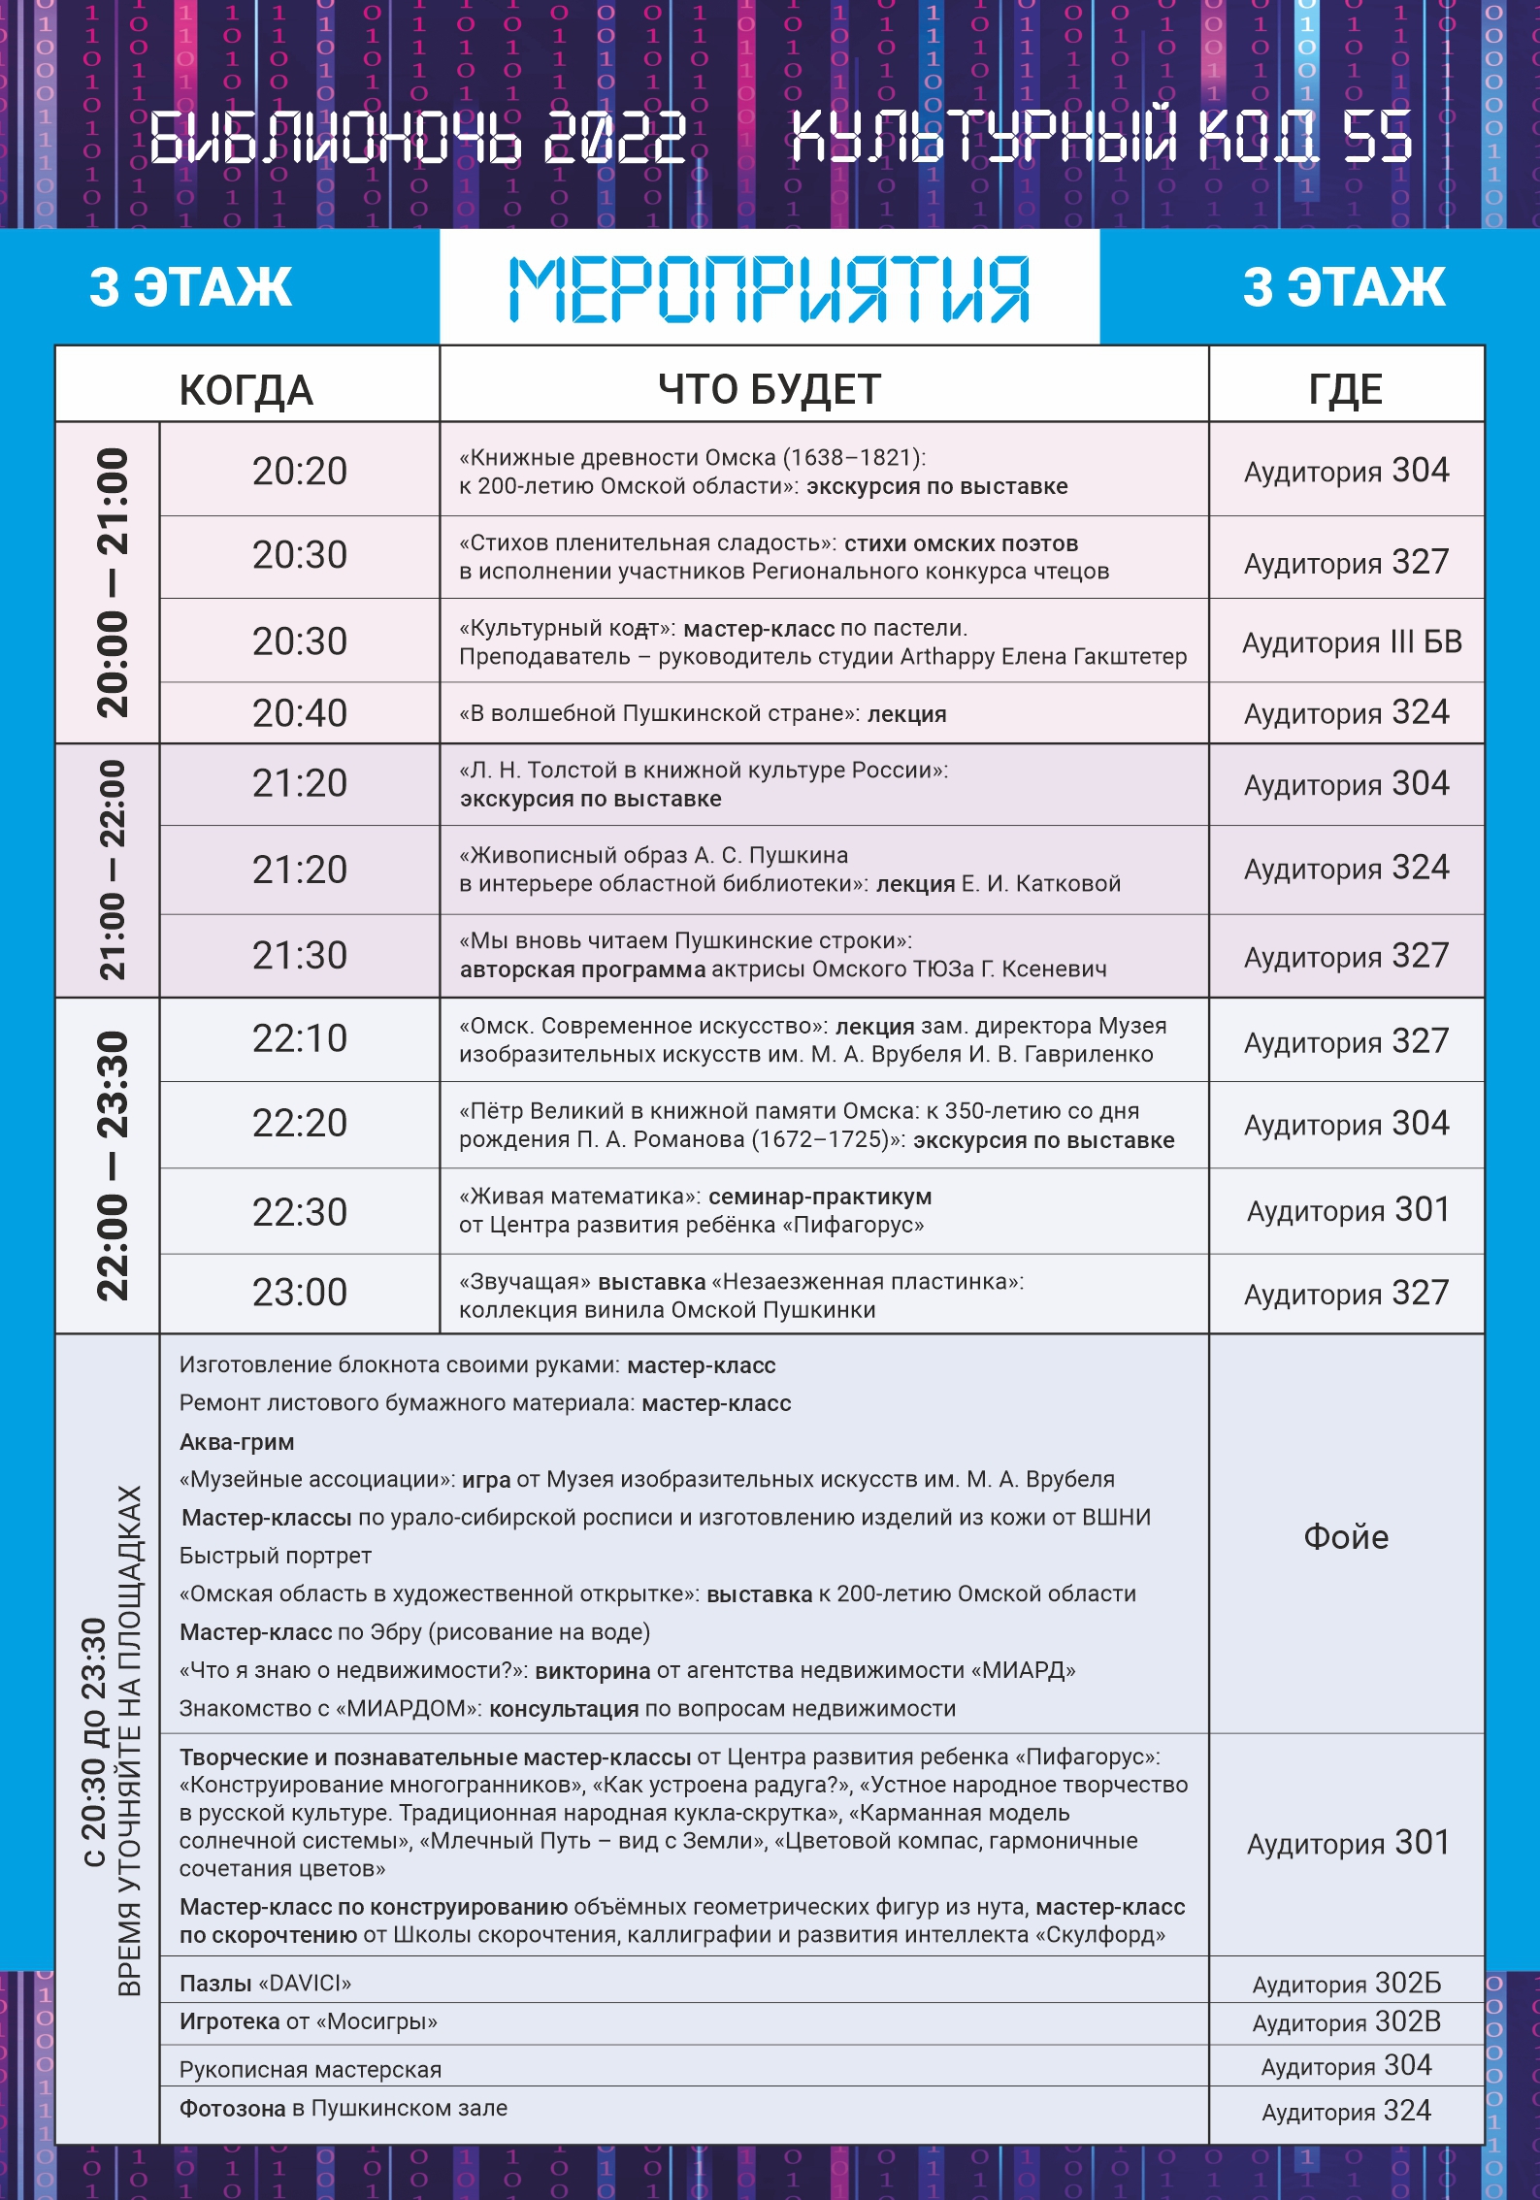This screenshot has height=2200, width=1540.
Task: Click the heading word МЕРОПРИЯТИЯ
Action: click(769, 289)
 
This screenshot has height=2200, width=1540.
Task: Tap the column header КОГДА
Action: click(246, 390)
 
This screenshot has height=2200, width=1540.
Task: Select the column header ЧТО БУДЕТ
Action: click(770, 389)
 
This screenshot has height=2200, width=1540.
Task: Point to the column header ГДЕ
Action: click(1346, 389)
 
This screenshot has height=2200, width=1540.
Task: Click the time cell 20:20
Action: click(300, 472)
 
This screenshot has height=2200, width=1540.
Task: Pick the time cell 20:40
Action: click(300, 713)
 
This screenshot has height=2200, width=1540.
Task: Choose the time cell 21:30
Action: click(300, 956)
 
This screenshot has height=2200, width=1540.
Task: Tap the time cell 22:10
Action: click(300, 1039)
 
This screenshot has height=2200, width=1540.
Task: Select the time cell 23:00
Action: click(300, 1293)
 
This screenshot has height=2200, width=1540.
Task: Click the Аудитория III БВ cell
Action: click(1352, 642)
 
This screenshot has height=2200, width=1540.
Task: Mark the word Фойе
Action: click(1346, 1537)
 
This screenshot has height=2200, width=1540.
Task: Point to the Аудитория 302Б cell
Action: click(1347, 1984)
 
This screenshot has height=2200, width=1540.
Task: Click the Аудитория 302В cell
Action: click(1347, 2022)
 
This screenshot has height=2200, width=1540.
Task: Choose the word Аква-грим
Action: click(237, 1442)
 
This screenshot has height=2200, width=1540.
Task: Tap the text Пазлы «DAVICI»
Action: click(265, 1984)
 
